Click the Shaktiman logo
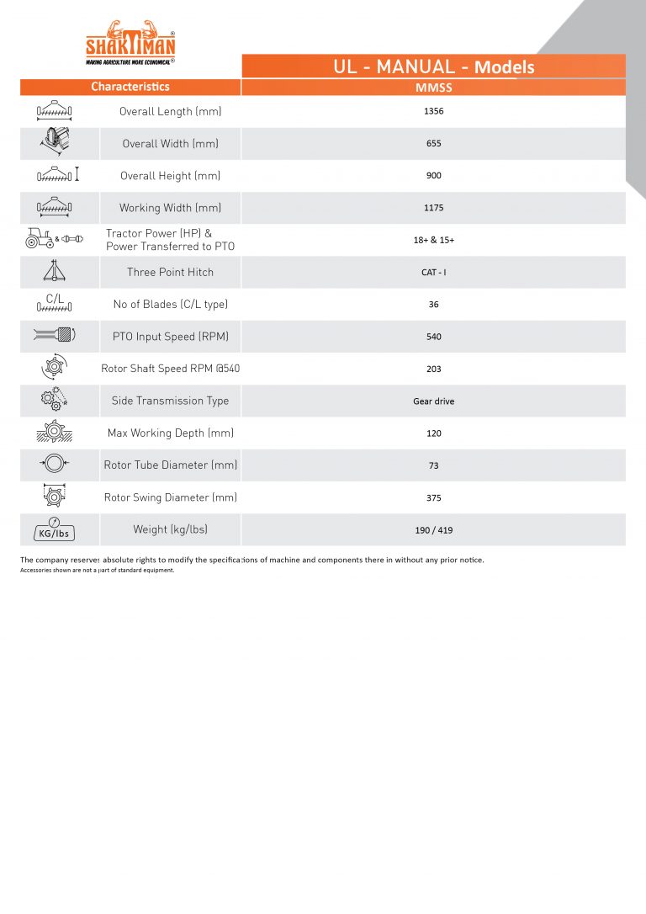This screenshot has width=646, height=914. (130, 42)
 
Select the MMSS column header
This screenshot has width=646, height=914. (434, 88)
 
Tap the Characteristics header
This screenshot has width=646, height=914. (130, 87)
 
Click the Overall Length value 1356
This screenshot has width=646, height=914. (434, 111)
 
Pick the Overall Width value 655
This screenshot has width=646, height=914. (434, 143)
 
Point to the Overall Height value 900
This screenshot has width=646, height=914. (434, 176)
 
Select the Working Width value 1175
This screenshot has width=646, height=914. (434, 208)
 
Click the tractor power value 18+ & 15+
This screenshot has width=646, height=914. (434, 240)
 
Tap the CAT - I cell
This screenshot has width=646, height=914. (434, 272)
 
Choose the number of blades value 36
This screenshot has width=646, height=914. (434, 305)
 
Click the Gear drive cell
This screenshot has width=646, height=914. (434, 401)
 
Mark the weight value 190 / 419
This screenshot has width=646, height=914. (434, 530)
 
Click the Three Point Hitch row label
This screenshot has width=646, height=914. (170, 272)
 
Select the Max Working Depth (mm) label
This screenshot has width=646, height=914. (170, 433)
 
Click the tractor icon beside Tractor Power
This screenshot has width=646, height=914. (40, 239)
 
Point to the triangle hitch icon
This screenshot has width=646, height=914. (54, 271)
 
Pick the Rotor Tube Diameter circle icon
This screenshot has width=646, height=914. (54, 465)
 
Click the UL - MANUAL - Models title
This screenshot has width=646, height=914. (434, 66)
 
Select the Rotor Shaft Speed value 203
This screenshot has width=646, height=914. (434, 369)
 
